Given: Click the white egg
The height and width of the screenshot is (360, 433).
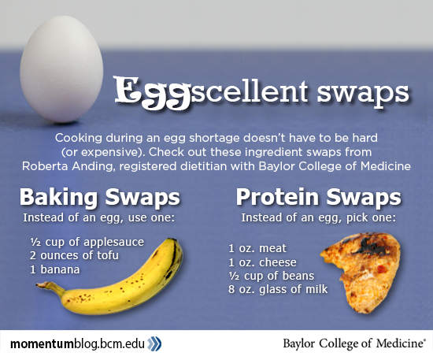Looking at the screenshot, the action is tap(61, 69).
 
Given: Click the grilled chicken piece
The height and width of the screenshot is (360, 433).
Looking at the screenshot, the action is tap(361, 272).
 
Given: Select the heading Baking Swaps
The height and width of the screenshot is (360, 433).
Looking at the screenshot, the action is tap(100, 197).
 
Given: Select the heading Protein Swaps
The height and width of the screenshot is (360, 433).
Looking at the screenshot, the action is tap(318, 197).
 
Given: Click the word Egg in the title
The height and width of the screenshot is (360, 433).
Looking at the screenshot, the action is tap(153, 93).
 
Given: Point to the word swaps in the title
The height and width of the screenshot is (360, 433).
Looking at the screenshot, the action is tap(363, 92).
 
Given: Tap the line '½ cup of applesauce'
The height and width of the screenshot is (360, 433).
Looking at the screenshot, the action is tap(87, 242).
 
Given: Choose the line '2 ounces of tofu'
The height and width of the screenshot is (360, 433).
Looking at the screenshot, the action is tap(74, 255).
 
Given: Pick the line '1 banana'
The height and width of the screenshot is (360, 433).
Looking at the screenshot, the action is tap(54, 269).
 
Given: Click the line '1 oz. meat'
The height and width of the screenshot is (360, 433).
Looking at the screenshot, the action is tap(257, 248).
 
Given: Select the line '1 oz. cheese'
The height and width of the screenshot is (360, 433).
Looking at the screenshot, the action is tap(262, 262).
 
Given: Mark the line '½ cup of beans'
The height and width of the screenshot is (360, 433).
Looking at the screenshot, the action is tap(271, 276).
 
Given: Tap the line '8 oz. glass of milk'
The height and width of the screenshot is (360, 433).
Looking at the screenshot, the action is tap(278, 290).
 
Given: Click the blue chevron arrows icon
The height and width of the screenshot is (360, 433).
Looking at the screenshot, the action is tap(154, 344).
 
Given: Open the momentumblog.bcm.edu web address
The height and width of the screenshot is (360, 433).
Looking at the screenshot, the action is tap(77, 344).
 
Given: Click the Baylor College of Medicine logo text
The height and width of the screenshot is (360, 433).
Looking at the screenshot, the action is tap(353, 343).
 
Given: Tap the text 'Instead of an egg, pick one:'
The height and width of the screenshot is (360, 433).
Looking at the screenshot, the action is tap(318, 217).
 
